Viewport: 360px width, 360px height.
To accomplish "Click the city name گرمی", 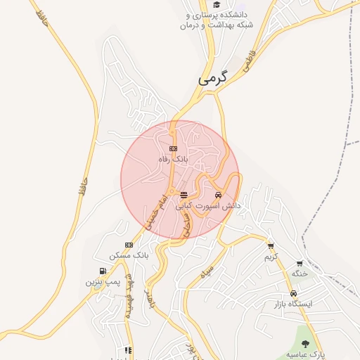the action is (x=214, y=79).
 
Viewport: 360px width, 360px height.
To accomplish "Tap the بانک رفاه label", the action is (x=173, y=160).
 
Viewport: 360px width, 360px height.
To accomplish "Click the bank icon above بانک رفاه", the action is (x=174, y=148).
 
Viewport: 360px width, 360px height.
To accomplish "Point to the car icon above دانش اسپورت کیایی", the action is (x=218, y=195).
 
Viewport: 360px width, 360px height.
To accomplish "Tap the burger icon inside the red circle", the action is (x=184, y=195).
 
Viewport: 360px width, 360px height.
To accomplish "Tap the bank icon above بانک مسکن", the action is (x=128, y=245).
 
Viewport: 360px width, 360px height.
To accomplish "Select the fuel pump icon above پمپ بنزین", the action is (x=103, y=271).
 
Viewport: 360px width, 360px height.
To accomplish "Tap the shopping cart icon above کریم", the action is (x=271, y=246).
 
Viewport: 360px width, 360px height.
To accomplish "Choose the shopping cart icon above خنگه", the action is (x=300, y=264).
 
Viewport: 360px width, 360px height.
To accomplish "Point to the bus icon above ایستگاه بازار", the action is (x=292, y=294).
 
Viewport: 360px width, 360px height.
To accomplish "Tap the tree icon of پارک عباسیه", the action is (x=305, y=344).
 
